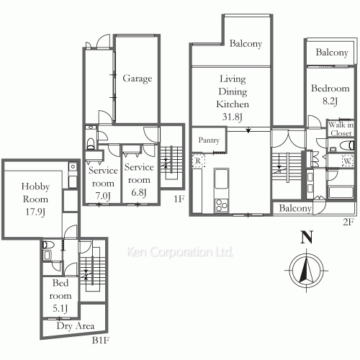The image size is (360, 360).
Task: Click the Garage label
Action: coord(138,78)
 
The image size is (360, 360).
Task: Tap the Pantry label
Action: coord(209,140)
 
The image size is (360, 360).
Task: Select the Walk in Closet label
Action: coord(341,129)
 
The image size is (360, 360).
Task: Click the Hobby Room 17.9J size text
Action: coord(35,212)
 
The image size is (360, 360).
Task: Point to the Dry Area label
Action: coord(76,326)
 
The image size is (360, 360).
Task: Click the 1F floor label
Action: coord(179,199)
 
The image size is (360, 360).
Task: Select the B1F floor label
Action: coord(101,341)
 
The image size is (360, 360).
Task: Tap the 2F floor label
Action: coord(348,222)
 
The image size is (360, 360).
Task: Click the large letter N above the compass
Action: coord(307,237)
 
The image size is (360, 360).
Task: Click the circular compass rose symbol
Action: coord(307,271)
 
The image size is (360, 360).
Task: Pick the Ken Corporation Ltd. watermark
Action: coord(180,252)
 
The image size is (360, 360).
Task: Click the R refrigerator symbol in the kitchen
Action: coord(198,161)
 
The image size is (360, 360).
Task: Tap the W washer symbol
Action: coord(347,161)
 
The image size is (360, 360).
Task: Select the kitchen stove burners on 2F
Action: coord(221,206)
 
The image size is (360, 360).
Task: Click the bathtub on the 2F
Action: coord(341,192)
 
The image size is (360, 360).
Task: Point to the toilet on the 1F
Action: coord(91,143)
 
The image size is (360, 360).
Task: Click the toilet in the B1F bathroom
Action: coord(48,245)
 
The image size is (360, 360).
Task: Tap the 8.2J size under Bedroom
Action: coord(330,101)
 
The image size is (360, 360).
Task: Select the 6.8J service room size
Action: coord(139,192)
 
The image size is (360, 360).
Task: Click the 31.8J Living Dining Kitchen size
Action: coord(233,117)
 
